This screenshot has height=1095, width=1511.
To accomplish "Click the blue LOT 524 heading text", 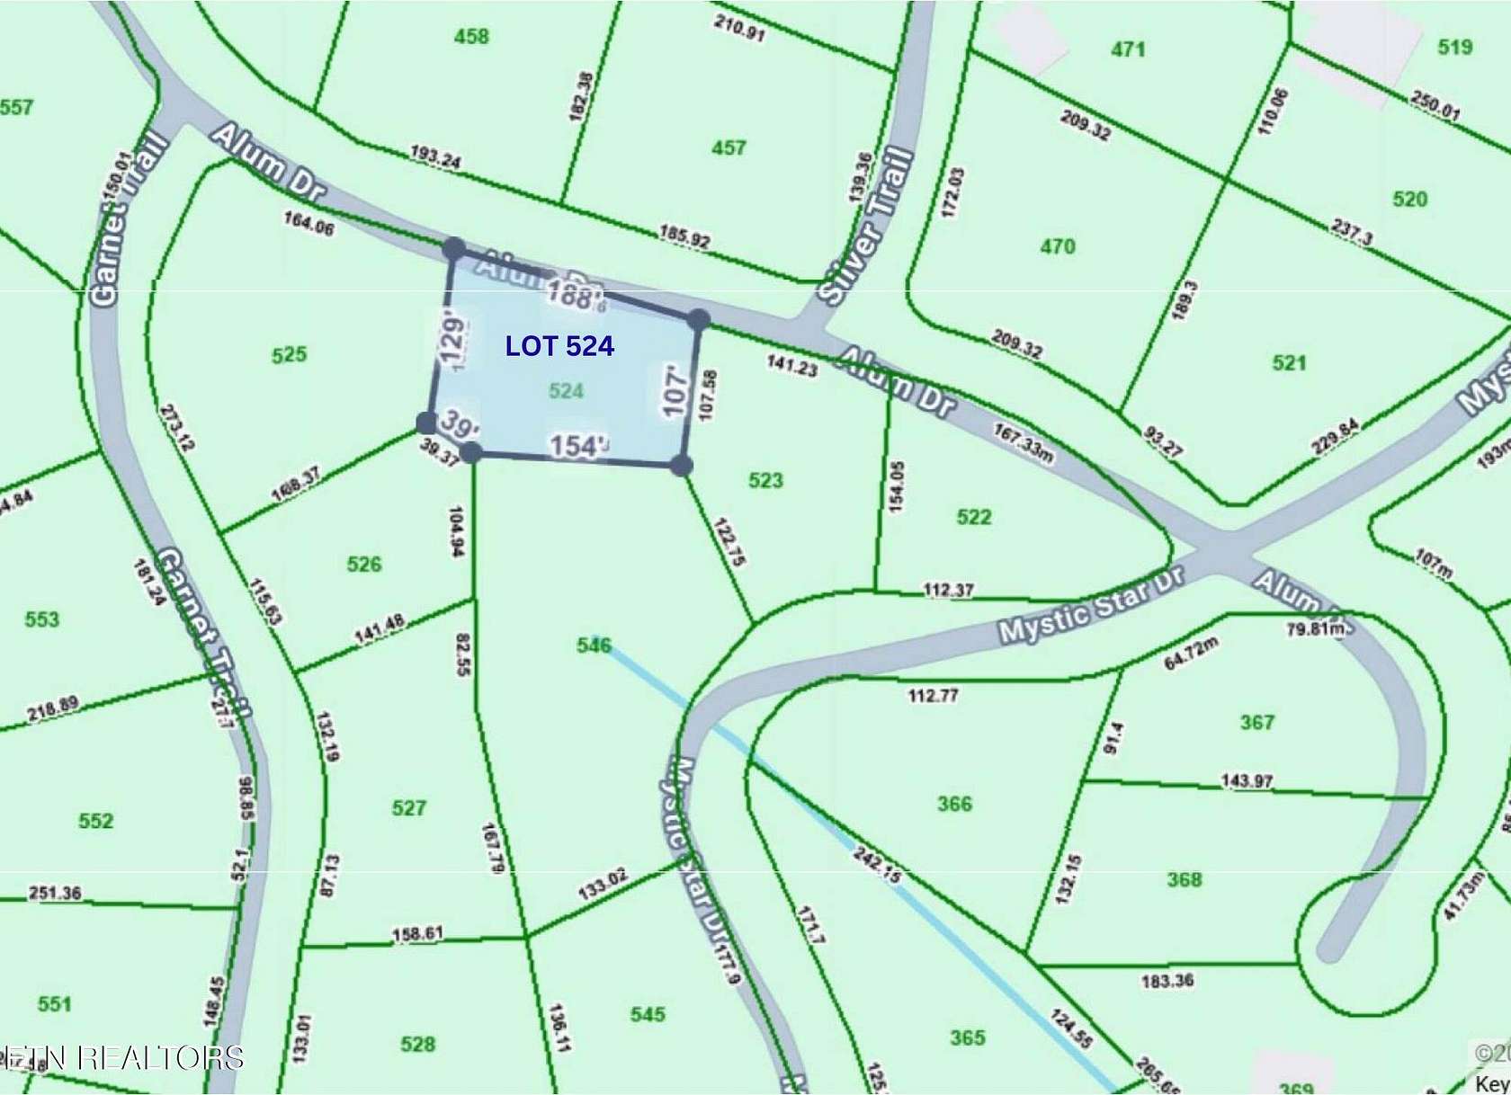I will (x=559, y=346).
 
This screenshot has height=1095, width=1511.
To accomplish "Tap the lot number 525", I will (x=289, y=355).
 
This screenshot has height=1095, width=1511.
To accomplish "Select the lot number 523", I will (x=765, y=481).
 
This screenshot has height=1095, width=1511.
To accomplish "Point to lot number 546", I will (x=594, y=645).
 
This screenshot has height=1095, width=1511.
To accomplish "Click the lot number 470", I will (x=1057, y=246).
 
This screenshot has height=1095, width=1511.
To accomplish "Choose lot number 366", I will (x=954, y=804).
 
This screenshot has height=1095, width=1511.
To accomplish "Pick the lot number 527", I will (x=409, y=807).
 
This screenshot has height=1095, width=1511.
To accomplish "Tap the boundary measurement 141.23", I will (x=791, y=365).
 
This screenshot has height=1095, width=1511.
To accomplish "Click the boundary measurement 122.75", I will (x=729, y=541).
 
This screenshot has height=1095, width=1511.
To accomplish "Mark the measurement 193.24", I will (x=435, y=157).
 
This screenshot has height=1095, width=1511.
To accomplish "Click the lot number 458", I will (x=471, y=37).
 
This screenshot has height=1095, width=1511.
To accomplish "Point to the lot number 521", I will (x=1289, y=363).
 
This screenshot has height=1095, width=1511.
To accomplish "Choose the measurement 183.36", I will (x=1167, y=980).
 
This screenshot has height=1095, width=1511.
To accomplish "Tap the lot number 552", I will (x=96, y=821).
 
